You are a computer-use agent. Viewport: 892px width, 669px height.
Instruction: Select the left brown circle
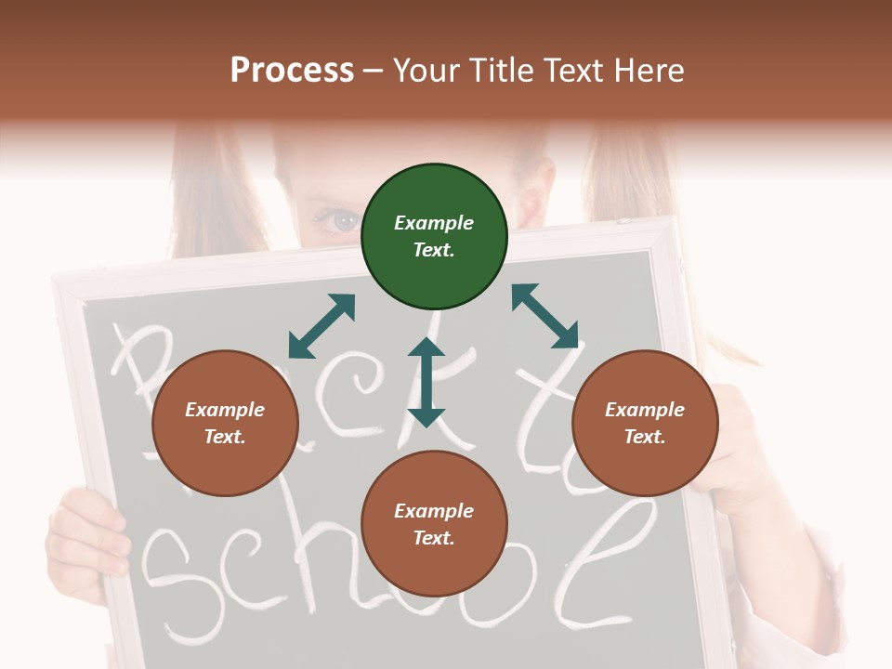pos(225,423)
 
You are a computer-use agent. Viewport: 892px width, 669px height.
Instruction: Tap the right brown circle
pos(645,423)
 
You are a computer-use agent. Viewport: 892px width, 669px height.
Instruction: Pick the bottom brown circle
pos(434,524)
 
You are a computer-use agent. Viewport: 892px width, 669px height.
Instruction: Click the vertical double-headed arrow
pos(426,382)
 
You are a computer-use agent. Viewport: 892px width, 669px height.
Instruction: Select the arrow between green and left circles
pos(321,326)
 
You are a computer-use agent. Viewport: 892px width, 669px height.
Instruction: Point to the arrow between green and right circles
pos(544,316)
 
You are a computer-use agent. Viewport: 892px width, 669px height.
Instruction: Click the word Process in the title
pos(292,71)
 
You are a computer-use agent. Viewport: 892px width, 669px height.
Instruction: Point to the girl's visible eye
pos(342,220)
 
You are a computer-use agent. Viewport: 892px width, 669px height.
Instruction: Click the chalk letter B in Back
pos(139,372)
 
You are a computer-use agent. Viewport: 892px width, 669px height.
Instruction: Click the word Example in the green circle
pos(434,223)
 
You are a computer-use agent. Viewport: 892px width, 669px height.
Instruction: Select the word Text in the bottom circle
pos(433,538)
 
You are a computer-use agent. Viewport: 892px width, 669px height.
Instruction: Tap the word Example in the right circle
pos(645,410)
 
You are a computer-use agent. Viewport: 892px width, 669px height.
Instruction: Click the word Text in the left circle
pos(225,437)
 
